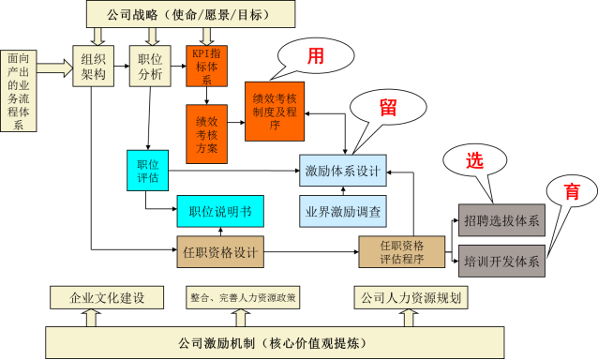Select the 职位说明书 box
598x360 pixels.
pyautogui.click(x=220, y=211)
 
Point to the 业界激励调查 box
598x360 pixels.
pyautogui.click(x=343, y=212)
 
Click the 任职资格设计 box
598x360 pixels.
pyautogui.click(x=220, y=251)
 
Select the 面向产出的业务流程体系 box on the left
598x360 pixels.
pyautogui.click(x=18, y=91)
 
